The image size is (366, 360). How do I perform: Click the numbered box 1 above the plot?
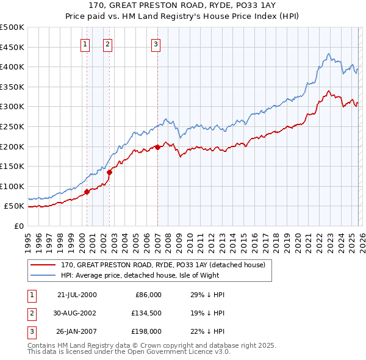point(84,43)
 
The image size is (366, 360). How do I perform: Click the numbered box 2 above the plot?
point(107,43)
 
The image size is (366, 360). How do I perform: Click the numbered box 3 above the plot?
point(156,43)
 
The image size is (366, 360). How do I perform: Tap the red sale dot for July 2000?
point(87,192)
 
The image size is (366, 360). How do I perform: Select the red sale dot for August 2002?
point(110,172)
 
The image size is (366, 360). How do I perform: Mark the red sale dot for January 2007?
point(157,146)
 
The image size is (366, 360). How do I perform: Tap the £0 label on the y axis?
point(19,226)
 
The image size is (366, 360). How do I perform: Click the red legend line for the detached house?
point(43,265)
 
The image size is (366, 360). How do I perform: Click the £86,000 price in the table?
point(147,295)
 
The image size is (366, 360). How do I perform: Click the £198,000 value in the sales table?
point(145,331)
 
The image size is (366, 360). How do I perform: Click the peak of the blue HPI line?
point(329,54)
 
